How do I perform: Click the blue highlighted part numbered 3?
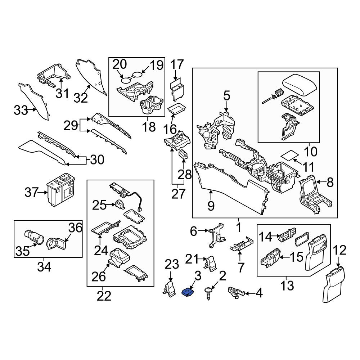[188, 292]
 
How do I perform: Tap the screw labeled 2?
[208, 293]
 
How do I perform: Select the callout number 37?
[31, 192]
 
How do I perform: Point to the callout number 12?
[340, 250]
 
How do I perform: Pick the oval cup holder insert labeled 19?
[137, 75]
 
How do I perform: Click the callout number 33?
[21, 111]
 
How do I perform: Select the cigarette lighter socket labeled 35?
[34, 237]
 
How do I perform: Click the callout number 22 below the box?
[104, 296]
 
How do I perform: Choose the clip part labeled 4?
[235, 292]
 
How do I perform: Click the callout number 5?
[226, 95]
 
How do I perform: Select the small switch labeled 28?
[184, 154]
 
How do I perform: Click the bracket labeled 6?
[216, 235]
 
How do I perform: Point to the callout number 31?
[62, 94]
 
